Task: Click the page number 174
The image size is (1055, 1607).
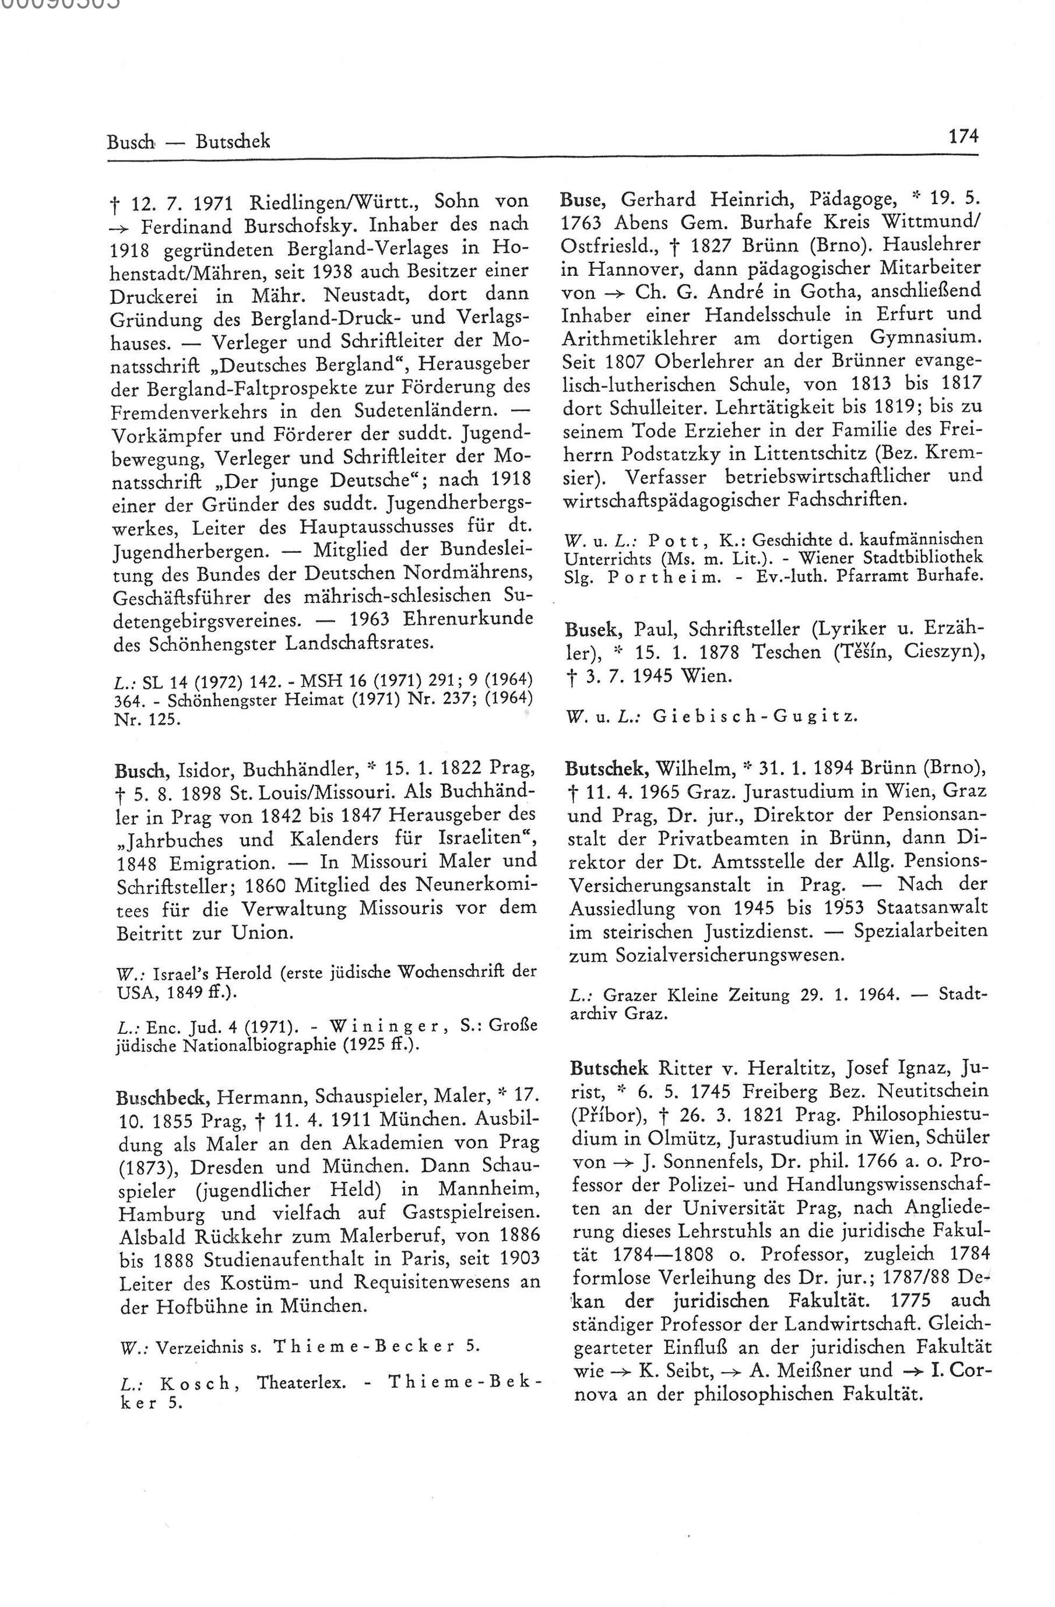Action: click(x=962, y=136)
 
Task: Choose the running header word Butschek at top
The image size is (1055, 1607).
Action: click(x=233, y=141)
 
